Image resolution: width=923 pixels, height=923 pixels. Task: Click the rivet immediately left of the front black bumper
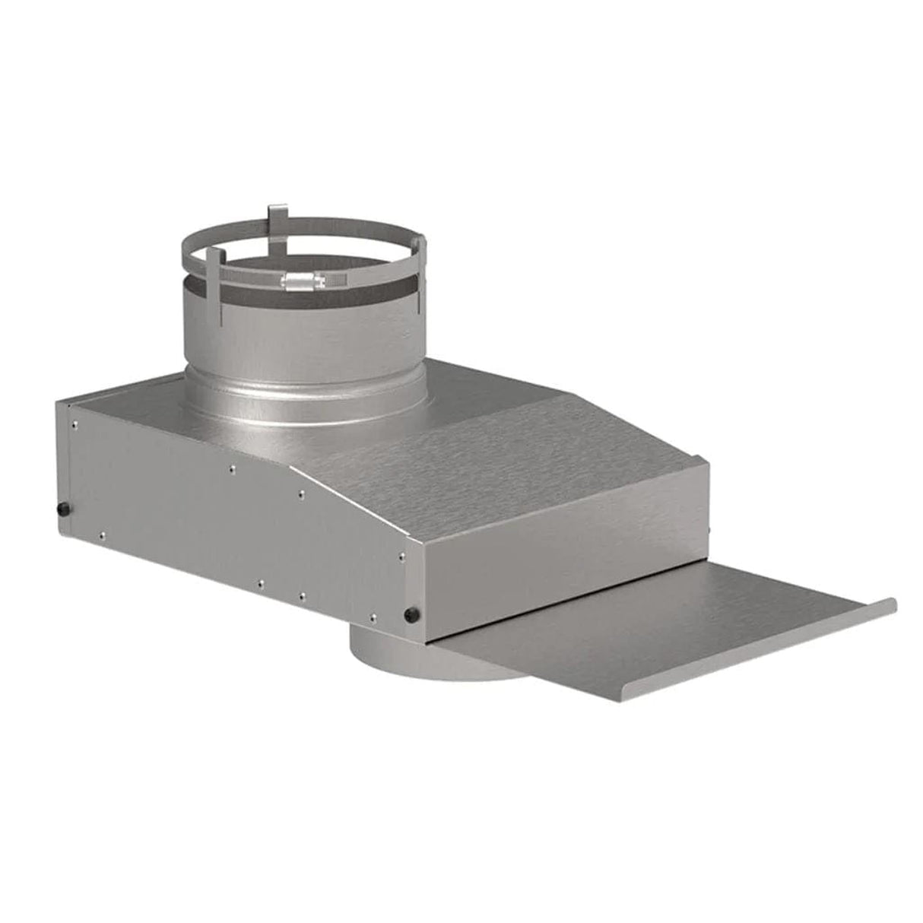[373, 613]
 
